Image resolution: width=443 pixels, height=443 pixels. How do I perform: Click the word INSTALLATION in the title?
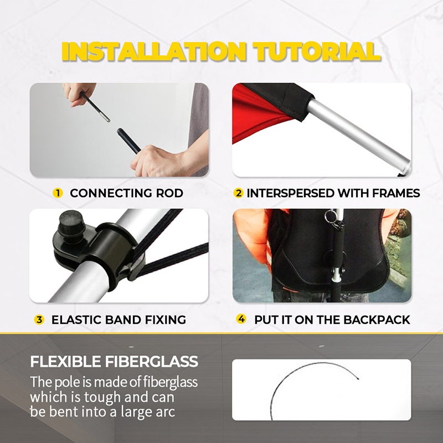[154, 51]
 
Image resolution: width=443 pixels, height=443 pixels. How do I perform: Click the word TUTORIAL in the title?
[317, 51]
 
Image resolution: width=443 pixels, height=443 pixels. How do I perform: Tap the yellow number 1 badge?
[58, 193]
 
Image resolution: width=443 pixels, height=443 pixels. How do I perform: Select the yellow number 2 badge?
[239, 193]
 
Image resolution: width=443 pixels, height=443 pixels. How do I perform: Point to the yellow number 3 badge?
[39, 320]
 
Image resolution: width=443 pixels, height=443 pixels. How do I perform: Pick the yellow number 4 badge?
[241, 319]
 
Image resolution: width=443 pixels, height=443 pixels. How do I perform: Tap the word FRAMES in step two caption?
[396, 193]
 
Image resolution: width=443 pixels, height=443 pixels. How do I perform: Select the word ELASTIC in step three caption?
[76, 320]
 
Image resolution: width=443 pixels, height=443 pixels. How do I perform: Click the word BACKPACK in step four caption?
[377, 320]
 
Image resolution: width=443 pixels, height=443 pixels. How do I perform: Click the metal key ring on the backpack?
[330, 216]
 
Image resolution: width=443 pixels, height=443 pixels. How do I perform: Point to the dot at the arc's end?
[358, 378]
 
